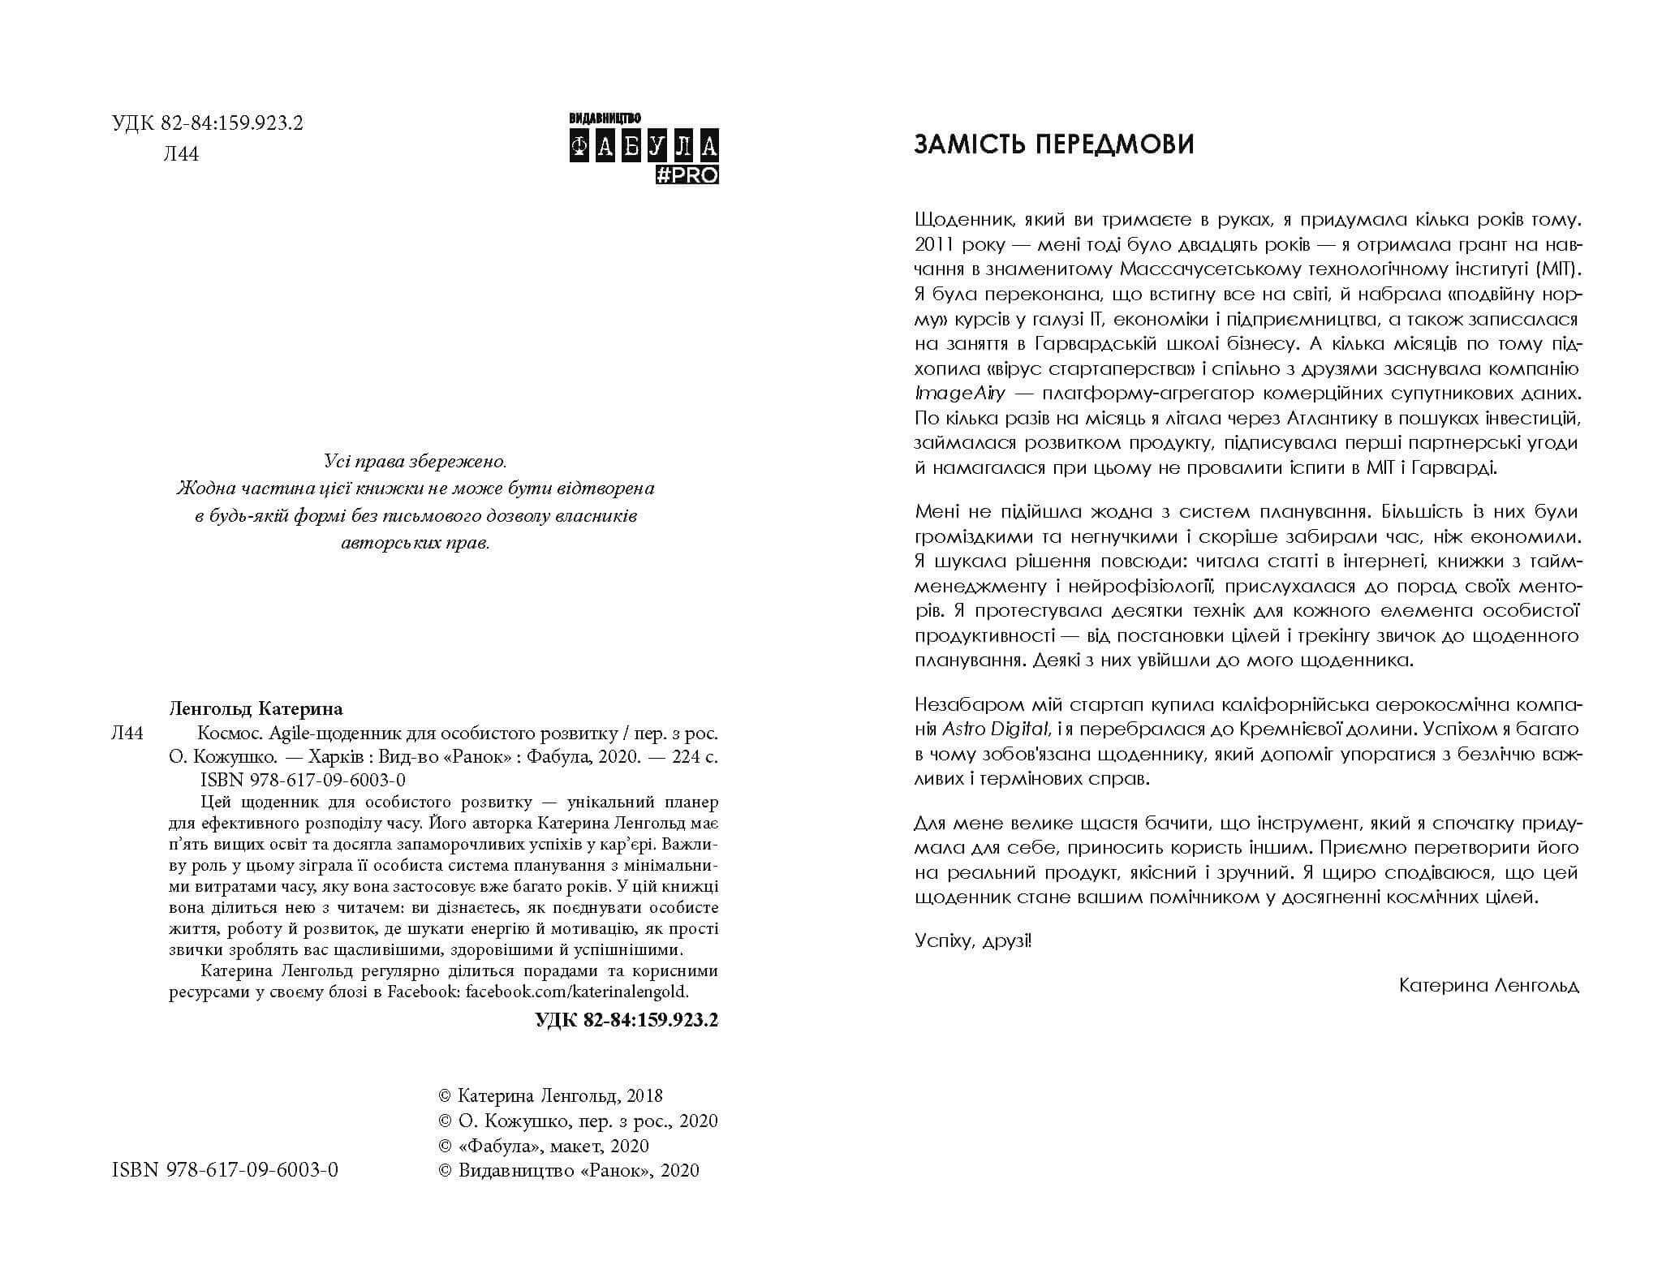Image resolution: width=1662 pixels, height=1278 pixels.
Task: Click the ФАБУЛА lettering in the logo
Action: [644, 147]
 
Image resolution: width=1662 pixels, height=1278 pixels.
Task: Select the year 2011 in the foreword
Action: [936, 245]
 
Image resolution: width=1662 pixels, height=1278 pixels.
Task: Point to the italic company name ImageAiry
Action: [960, 394]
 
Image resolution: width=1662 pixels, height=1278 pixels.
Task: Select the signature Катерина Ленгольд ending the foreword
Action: [1489, 985]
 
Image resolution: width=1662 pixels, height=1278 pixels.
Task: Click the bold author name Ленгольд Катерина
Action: [256, 708]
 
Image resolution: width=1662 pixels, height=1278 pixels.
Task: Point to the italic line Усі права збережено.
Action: [415, 463]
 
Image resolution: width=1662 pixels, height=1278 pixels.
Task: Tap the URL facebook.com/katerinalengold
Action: [577, 991]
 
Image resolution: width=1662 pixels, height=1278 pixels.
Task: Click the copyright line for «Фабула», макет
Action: [544, 1146]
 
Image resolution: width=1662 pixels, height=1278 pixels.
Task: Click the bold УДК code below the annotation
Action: [626, 1020]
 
